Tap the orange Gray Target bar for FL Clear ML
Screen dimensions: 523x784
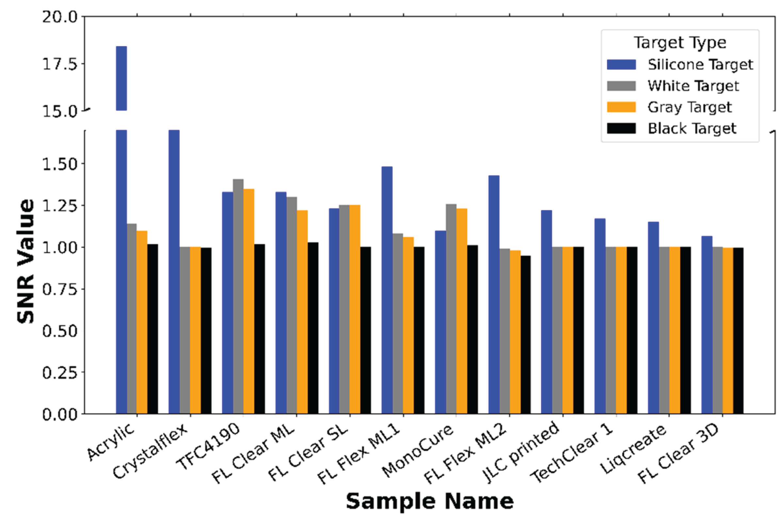[x=302, y=312]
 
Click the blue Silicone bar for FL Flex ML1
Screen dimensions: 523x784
[x=387, y=290]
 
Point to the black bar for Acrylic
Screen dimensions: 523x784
[x=153, y=329]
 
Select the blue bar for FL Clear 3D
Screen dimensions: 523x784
[x=707, y=325]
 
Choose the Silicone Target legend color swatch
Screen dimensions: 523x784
[x=621, y=64]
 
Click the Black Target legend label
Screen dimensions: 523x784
[x=692, y=128]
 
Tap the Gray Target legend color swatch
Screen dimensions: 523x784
[x=621, y=107]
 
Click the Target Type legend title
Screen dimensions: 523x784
[x=680, y=43]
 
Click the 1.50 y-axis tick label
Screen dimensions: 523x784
[x=59, y=164]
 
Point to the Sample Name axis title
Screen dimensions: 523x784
[x=430, y=501]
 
